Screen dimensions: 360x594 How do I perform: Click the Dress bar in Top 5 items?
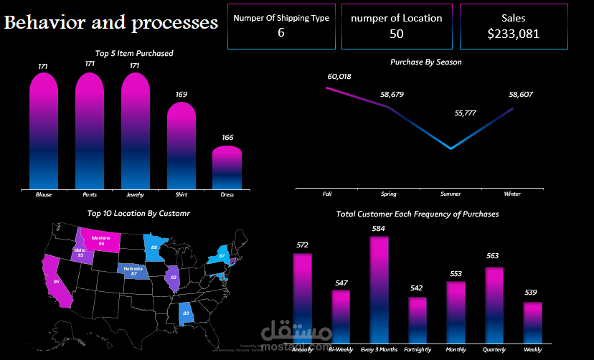tap(227, 169)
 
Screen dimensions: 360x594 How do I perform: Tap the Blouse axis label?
tap(44, 194)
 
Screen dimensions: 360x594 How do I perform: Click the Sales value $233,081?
tap(513, 34)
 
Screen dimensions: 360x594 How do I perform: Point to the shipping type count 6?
tap(280, 33)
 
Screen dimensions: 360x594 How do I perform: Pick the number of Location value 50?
tap(396, 34)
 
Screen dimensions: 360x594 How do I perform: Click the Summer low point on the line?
tap(451, 148)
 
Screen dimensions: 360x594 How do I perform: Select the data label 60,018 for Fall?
tap(339, 76)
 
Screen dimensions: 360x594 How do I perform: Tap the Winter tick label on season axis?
tap(512, 194)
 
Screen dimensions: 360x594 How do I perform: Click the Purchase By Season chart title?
tap(425, 62)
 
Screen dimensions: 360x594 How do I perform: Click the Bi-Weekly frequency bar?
tap(341, 316)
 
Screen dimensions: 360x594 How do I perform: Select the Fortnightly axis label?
tap(418, 349)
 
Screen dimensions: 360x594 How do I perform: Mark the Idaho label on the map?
tap(79, 252)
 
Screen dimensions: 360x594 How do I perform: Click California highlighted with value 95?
tap(56, 282)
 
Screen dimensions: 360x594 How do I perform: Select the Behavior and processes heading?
tap(111, 23)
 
